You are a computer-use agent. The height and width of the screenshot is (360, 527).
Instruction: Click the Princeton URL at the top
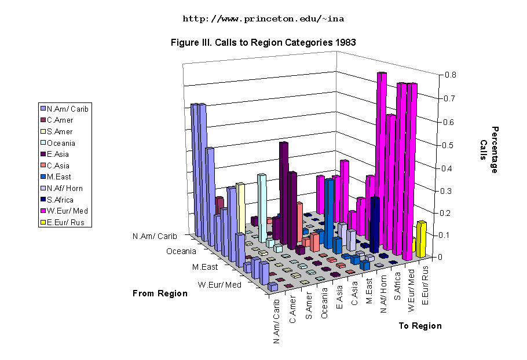pos(263,19)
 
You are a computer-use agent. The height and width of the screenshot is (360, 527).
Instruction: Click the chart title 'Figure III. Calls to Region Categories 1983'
pos(263,42)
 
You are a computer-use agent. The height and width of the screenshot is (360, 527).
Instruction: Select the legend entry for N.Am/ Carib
pos(67,109)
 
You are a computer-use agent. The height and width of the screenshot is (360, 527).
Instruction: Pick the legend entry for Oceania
pos(61,143)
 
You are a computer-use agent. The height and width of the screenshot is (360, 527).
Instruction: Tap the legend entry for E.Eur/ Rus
pos(65,222)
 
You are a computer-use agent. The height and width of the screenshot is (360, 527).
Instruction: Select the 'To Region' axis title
pos(420,326)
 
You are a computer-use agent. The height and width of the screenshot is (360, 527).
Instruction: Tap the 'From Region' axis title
pos(160,293)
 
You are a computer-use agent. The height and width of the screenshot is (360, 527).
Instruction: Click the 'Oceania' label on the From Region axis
pos(181,252)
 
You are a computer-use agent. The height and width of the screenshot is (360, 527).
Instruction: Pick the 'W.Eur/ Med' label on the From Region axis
pos(219,285)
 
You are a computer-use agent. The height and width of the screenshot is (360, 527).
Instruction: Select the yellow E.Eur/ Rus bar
pos(421,238)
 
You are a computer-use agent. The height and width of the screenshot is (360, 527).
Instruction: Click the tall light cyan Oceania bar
pos(262,208)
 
